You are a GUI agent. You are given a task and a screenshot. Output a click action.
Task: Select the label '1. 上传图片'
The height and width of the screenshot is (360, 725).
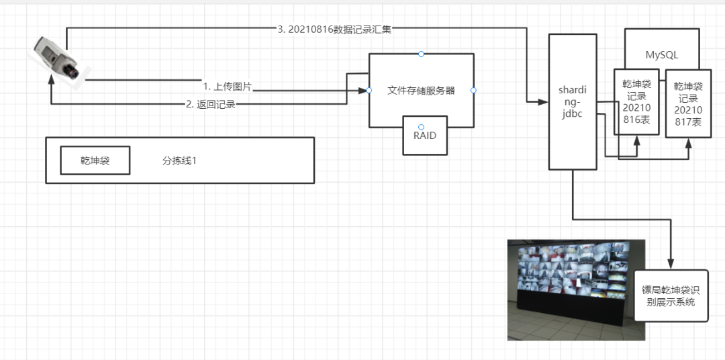(x=227, y=87)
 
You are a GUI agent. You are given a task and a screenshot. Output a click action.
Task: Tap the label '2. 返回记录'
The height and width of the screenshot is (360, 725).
(x=211, y=105)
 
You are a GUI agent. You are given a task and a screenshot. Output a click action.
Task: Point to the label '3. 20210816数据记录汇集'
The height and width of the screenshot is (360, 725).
(x=334, y=29)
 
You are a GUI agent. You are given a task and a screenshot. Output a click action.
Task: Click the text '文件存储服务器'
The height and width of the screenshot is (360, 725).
(x=421, y=90)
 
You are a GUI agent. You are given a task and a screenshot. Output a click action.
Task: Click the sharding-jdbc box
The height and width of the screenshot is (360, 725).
(x=573, y=101)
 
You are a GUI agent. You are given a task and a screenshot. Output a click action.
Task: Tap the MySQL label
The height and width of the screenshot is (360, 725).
(x=661, y=54)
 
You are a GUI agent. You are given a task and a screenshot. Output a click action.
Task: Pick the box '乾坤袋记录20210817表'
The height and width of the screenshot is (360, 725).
(x=688, y=104)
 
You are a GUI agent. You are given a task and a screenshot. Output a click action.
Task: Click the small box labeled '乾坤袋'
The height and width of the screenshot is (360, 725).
(x=95, y=161)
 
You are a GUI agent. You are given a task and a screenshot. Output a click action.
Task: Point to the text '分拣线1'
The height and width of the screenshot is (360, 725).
(x=179, y=161)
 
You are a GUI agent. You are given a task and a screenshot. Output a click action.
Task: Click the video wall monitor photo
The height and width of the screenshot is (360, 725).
(x=575, y=289)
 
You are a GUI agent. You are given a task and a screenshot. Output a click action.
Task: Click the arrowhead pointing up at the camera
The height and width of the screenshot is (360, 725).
(x=51, y=80)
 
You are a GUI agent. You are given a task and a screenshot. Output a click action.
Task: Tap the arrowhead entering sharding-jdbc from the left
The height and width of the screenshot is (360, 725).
(x=544, y=102)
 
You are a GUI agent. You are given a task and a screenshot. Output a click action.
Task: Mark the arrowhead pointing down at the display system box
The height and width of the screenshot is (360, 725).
(x=670, y=264)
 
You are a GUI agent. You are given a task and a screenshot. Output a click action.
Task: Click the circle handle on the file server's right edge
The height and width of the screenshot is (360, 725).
(x=473, y=90)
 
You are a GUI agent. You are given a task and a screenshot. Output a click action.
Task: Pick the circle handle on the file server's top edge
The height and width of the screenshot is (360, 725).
(x=421, y=54)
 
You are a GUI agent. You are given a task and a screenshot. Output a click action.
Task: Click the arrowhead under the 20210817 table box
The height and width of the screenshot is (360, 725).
(x=689, y=142)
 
